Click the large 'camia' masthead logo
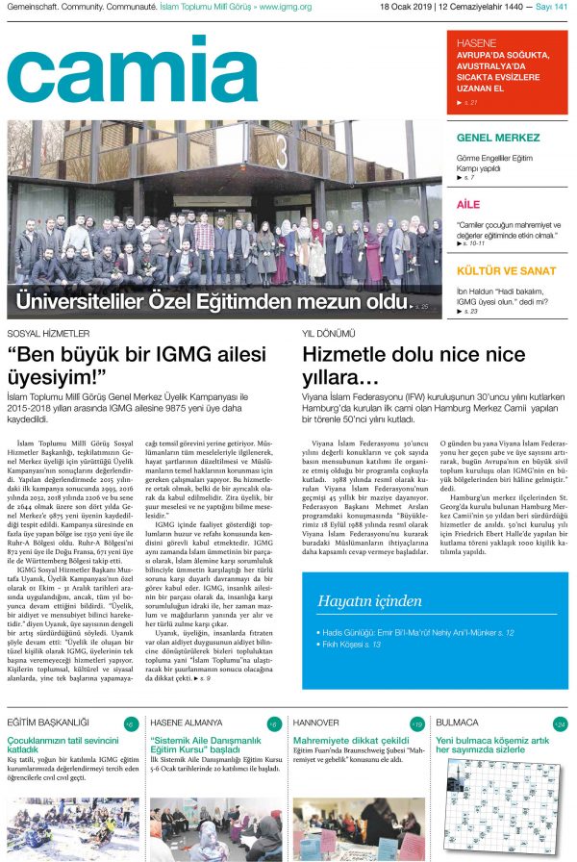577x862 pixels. tap(129, 69)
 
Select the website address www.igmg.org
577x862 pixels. tap(287, 8)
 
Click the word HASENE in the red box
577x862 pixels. tap(476, 43)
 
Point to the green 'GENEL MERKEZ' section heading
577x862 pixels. tap(498, 138)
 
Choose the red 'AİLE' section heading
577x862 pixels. tap(468, 205)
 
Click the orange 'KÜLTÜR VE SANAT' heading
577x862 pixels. tap(506, 271)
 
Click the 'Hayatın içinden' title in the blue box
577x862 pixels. tap(370, 575)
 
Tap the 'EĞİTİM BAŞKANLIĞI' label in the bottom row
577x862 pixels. tap(48, 723)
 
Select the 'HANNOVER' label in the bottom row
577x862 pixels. tap(316, 723)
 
